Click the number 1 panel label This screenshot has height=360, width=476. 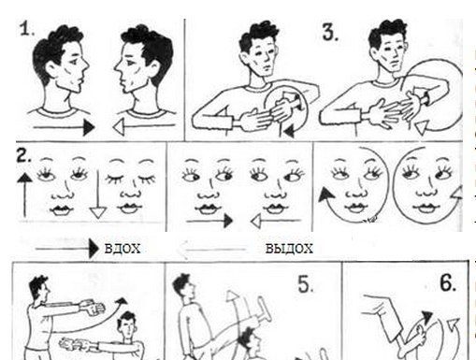point(26,29)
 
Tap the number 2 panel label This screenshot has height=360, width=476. point(23,156)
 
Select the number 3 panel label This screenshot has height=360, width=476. point(330,32)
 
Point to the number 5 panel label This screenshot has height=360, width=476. point(306,284)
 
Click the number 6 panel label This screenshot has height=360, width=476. point(448,282)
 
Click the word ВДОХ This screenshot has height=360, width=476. point(123,249)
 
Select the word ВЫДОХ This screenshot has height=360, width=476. point(289,249)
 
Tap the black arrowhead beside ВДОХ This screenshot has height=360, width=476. point(94,249)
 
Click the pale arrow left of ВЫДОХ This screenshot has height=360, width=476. point(211,250)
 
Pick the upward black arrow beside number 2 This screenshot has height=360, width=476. point(24,194)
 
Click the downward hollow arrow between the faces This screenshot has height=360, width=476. point(98,194)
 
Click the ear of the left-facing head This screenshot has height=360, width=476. point(156,69)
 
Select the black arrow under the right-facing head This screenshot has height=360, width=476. point(64,127)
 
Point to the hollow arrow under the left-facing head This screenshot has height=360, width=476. point(144,127)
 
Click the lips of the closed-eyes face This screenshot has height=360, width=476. point(130,208)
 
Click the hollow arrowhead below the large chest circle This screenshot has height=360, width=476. point(421,127)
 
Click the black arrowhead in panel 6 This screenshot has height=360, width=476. point(426,317)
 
